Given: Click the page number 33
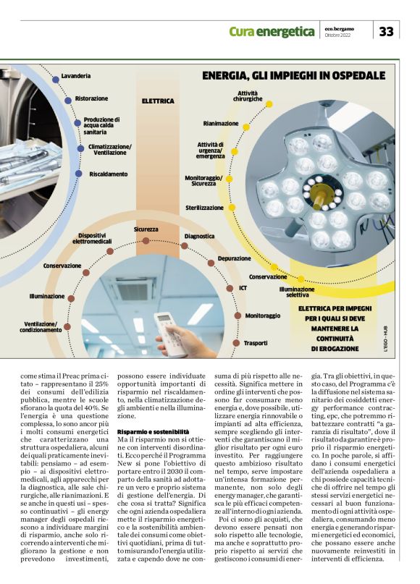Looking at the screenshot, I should coord(387,31).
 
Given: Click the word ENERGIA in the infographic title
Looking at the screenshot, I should coord(225,76).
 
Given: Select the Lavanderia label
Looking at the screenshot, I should coord(76,76).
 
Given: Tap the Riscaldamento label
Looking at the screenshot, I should coord(108,174).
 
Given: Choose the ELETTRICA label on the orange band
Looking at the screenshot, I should coord(157,101).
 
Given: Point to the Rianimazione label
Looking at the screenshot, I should coord(221,123).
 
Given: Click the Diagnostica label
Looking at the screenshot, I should coord(199,236).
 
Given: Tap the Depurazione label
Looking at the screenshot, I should coord(234,258).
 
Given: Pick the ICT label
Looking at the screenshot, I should coord(243,288).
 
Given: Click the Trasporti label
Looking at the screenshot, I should coord(256,342).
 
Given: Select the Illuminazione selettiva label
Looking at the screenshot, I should coord(297,292).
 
